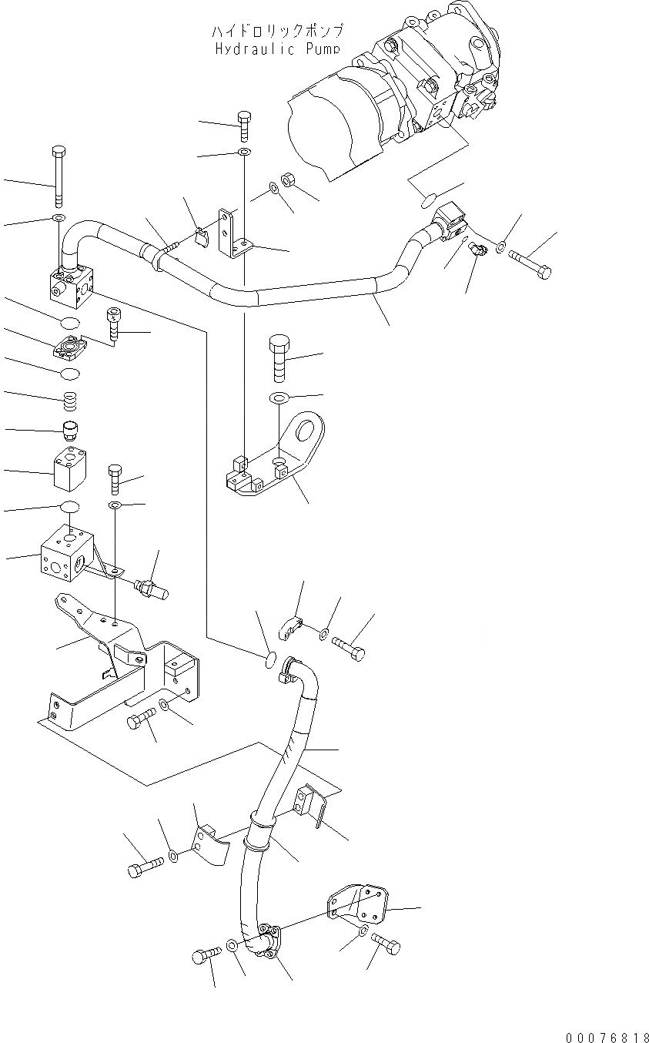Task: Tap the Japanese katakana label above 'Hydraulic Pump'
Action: [x=277, y=31]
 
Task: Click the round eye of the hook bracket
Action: [x=310, y=428]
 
